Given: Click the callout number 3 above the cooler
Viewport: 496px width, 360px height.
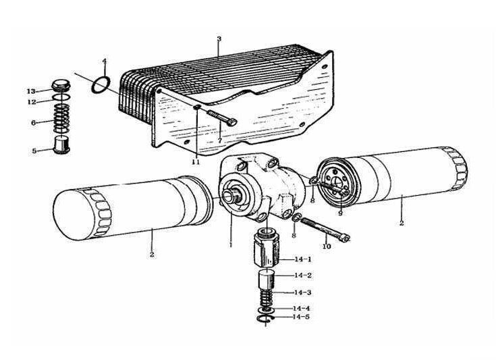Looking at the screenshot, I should point(219,39).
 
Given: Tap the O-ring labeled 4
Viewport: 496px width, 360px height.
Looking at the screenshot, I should point(101,84).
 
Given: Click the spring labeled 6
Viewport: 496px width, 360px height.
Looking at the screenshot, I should point(62,122).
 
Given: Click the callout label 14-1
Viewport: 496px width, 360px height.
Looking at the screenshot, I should point(304,259).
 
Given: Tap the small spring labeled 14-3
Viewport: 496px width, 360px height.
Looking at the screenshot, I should point(265,296).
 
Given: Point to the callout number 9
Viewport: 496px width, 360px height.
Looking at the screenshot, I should point(341,213).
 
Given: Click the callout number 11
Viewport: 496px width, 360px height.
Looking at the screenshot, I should point(196,163).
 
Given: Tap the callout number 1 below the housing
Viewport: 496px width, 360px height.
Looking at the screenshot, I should point(230,245).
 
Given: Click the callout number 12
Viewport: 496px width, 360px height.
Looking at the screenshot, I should point(31,102).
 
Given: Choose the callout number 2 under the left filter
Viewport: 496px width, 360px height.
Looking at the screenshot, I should point(153,254).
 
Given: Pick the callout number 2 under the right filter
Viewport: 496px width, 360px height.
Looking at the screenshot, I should point(402,223).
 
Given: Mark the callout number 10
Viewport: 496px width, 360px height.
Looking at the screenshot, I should point(327,247).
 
